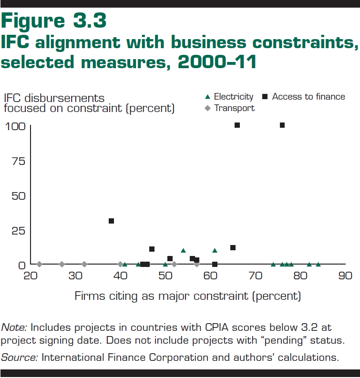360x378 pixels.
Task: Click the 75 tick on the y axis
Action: point(18,161)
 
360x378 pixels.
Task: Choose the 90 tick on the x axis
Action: point(345,276)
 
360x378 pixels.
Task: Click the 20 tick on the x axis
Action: point(31,276)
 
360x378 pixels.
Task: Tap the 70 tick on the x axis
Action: point(255,276)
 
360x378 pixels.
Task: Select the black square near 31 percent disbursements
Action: point(111,221)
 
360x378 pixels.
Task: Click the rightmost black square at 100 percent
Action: point(282,125)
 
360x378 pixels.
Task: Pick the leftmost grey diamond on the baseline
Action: point(40,264)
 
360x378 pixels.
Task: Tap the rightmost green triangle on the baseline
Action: point(318,264)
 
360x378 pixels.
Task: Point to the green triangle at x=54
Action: point(183,250)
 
